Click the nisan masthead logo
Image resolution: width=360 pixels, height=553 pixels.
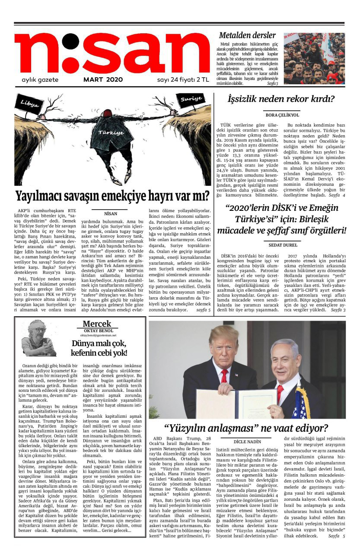(x=112, y=54)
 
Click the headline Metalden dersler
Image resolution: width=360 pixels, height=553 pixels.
(x=247, y=35)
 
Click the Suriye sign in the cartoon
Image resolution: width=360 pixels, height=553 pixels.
(x=191, y=99)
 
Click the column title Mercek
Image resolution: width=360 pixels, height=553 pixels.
(x=97, y=324)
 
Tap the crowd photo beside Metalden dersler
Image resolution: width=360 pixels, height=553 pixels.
(x=320, y=58)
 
